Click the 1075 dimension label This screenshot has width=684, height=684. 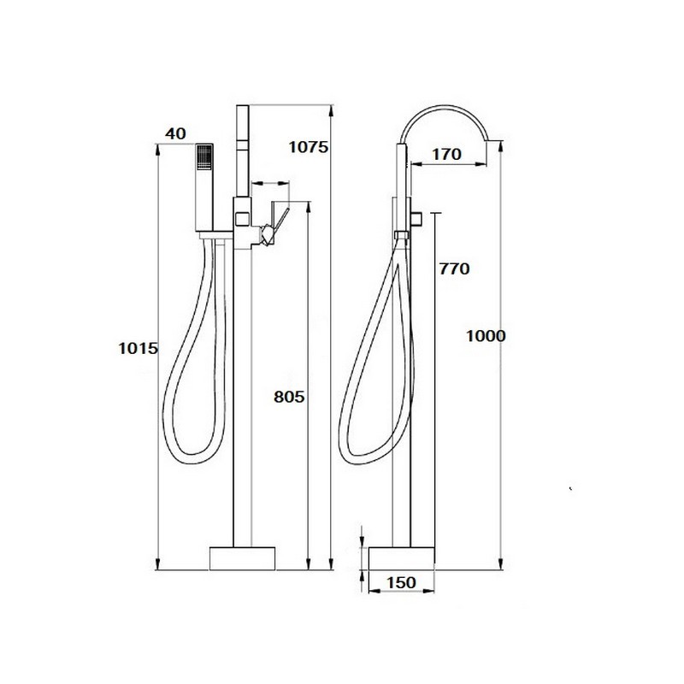pos(309,147)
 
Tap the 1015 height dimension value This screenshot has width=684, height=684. pos(138,349)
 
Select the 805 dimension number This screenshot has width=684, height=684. pos(289,397)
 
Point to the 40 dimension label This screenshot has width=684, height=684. pos(175,133)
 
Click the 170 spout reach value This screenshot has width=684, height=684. pos(446,154)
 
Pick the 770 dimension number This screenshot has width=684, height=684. pos(455,268)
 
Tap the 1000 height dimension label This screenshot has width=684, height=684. pos(486,336)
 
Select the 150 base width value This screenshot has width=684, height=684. pos(401,582)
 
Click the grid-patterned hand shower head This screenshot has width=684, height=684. pos(204,157)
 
